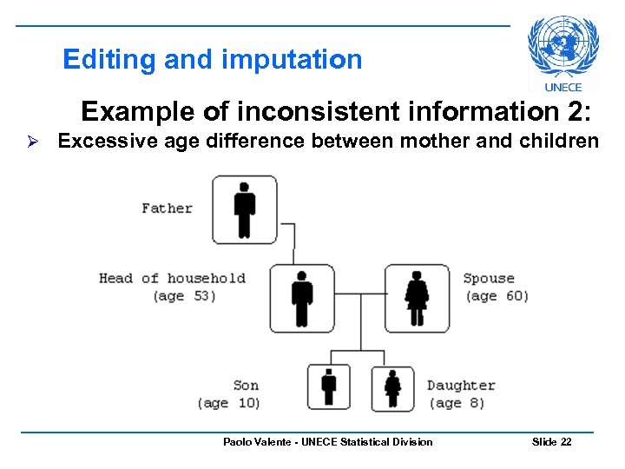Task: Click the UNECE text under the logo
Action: pos(563,87)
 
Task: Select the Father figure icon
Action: pos(245,209)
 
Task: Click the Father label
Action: pos(167,208)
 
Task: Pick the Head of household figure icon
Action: pos(301,298)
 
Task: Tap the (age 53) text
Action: pos(184,296)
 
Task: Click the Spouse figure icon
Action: pos(417,298)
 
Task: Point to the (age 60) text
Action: pos(497,296)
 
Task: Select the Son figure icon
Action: pos(329,386)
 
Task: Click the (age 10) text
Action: pos(228,403)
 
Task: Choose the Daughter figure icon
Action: pos(392,387)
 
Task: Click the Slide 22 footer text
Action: pos(551,442)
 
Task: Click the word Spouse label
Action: pos(489,278)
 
